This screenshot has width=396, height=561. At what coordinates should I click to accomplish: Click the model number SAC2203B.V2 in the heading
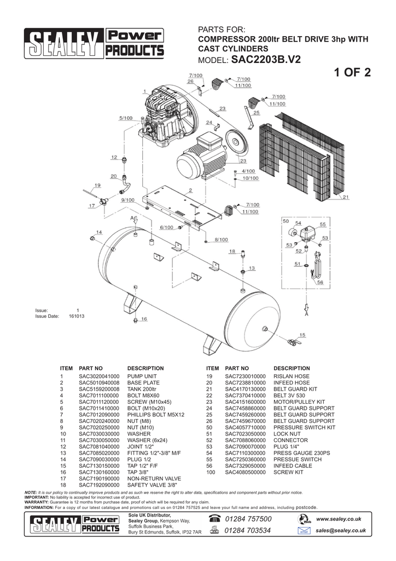(266, 59)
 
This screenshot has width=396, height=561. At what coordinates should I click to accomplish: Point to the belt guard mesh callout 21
(346, 197)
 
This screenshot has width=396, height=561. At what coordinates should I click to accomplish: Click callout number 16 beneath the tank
(144, 318)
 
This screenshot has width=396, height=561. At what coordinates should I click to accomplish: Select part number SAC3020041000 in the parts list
(99, 376)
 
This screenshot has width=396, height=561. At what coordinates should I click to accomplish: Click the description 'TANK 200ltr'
(142, 389)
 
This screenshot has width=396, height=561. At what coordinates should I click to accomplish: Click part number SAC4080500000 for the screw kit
(245, 472)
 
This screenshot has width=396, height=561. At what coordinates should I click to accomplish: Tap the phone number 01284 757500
(248, 519)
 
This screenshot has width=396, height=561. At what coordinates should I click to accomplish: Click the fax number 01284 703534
(248, 530)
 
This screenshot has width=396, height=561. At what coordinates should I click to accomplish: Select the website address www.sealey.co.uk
(339, 519)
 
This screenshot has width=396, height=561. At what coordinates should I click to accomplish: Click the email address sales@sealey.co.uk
(340, 530)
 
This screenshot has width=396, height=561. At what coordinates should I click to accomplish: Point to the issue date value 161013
(77, 317)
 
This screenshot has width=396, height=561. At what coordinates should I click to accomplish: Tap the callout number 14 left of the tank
(99, 232)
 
